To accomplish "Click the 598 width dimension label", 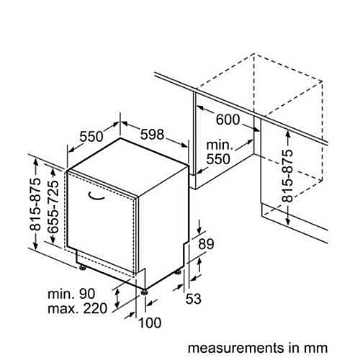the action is (152, 135).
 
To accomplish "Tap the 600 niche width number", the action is (228, 120).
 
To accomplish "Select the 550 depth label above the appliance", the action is (91, 137).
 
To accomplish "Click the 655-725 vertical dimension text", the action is (53, 207).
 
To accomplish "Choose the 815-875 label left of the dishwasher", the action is (35, 204).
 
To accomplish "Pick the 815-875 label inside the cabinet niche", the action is (287, 176).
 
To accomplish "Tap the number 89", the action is (206, 244).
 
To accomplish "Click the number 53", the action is (194, 299).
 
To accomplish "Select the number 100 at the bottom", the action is (150, 323).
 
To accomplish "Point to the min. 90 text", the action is (71, 294).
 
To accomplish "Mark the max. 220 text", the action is (77, 308).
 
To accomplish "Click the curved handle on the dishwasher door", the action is (96, 196).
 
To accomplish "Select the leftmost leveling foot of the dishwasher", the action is (82, 267).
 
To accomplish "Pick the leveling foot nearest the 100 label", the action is (144, 292).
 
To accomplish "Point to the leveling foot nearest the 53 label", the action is (178, 271).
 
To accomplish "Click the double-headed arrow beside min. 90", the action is (117, 298).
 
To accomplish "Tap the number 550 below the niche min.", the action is (218, 159).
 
